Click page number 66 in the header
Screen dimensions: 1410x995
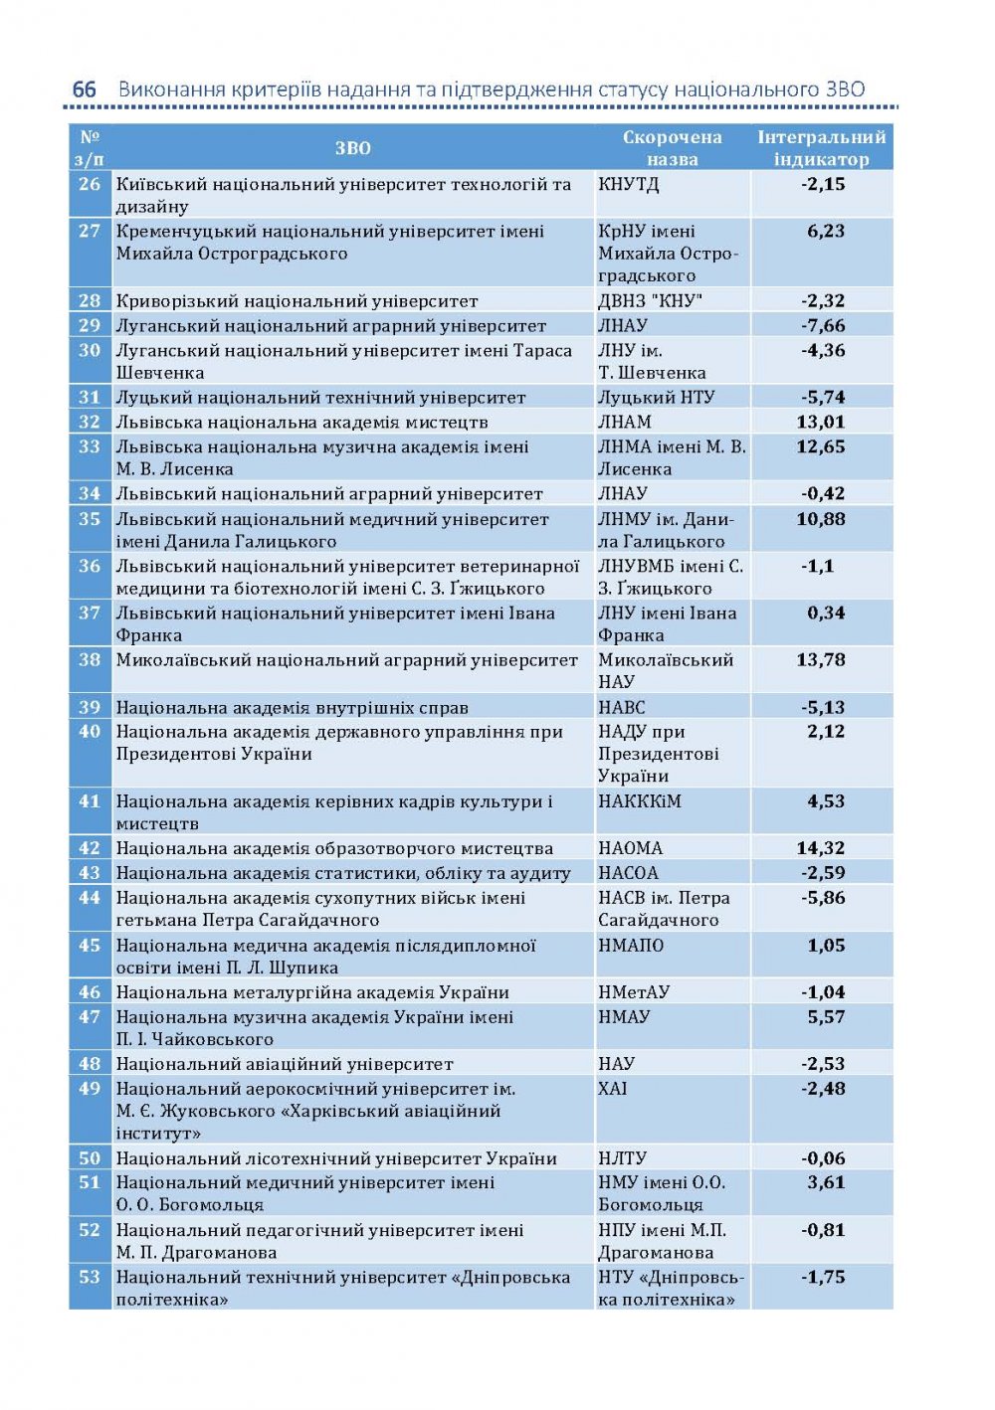coord(85,89)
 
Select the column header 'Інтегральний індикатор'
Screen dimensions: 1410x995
coord(821,148)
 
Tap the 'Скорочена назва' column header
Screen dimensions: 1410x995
coord(672,148)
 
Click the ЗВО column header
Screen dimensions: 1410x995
coord(352,148)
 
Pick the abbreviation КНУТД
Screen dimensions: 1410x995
coord(628,184)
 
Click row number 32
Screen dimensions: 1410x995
coord(90,422)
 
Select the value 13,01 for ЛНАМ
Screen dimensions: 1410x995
coord(821,422)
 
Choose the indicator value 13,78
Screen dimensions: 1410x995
coord(821,659)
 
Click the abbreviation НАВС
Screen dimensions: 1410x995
coord(621,707)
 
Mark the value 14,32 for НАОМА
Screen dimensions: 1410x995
coord(821,848)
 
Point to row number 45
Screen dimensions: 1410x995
coord(90,945)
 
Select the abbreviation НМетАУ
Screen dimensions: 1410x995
coord(633,992)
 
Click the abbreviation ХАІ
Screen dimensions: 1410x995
coord(613,1088)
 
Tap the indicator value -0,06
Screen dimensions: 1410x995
coord(823,1158)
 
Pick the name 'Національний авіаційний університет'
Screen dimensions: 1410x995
coord(285,1064)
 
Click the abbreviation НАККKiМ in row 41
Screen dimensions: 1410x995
coord(640,801)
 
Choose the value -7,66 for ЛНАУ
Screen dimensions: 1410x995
coord(823,325)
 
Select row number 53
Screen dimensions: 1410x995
coord(90,1277)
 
